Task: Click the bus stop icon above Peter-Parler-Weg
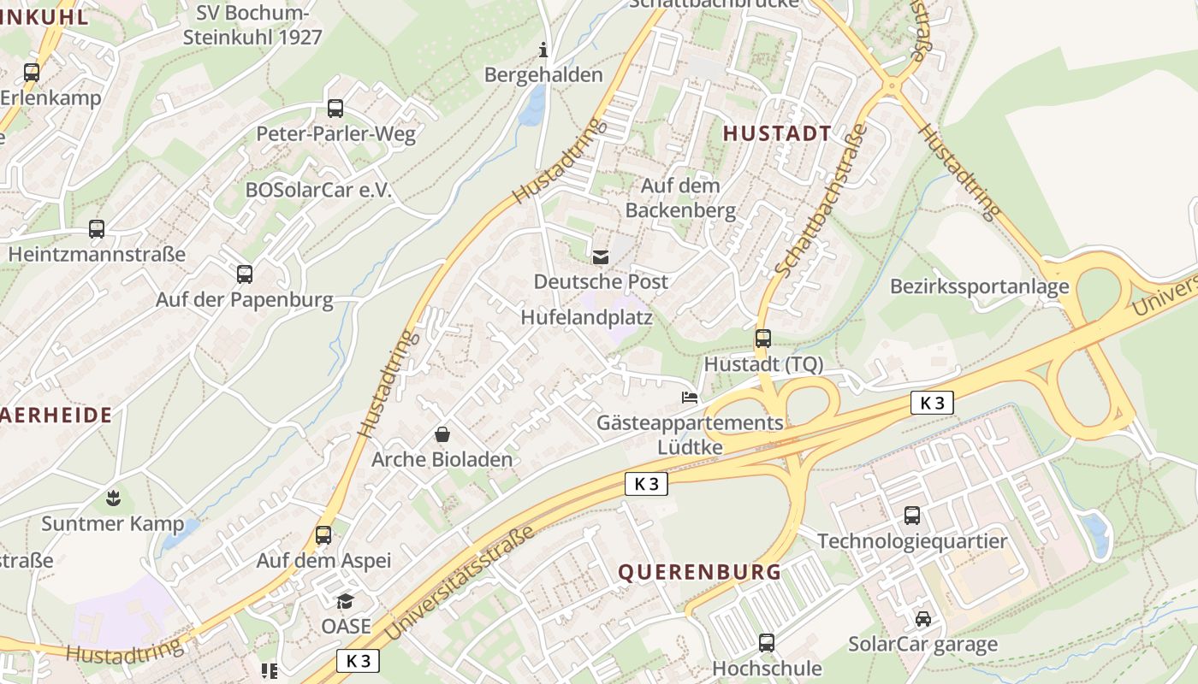pyautogui.click(x=335, y=109)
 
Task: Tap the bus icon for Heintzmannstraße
pyautogui.click(x=97, y=229)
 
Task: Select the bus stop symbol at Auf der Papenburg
pyautogui.click(x=245, y=274)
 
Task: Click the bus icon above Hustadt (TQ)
pyautogui.click(x=762, y=339)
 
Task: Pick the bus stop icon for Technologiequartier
pyautogui.click(x=912, y=516)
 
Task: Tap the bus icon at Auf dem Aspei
pyautogui.click(x=323, y=535)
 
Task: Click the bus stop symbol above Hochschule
pyautogui.click(x=767, y=643)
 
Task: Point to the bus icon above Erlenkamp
pyautogui.click(x=32, y=73)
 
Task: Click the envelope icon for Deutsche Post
pyautogui.click(x=601, y=256)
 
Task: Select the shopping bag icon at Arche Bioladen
pyautogui.click(x=442, y=434)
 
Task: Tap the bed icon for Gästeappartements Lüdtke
pyautogui.click(x=690, y=398)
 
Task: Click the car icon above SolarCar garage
pyautogui.click(x=922, y=619)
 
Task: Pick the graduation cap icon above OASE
pyautogui.click(x=346, y=601)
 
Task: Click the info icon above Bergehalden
pyautogui.click(x=543, y=50)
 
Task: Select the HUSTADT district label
pyautogui.click(x=777, y=133)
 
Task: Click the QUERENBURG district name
pyautogui.click(x=700, y=572)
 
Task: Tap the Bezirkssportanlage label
pyautogui.click(x=980, y=286)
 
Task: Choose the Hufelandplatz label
pyautogui.click(x=587, y=318)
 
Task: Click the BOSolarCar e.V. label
pyautogui.click(x=318, y=191)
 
